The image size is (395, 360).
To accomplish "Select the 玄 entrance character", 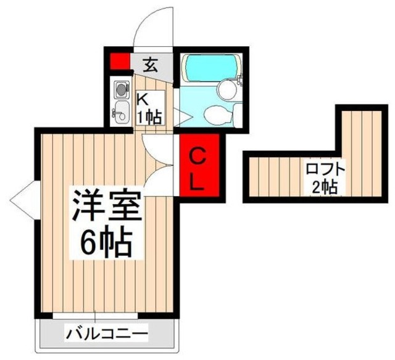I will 150,62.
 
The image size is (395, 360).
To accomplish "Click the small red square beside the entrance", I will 118,62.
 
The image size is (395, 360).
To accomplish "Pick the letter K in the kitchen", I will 142,99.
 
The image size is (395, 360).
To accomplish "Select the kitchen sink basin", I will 120,112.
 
